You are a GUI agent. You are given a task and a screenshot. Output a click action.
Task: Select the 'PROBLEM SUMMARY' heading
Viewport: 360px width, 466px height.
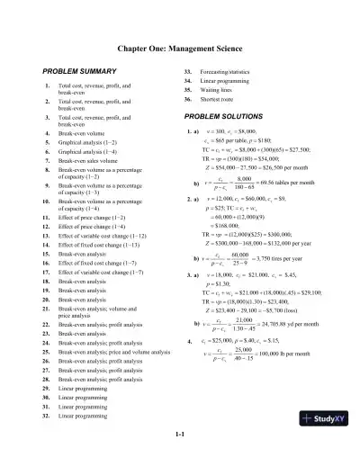pyautogui.click(x=75, y=70)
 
